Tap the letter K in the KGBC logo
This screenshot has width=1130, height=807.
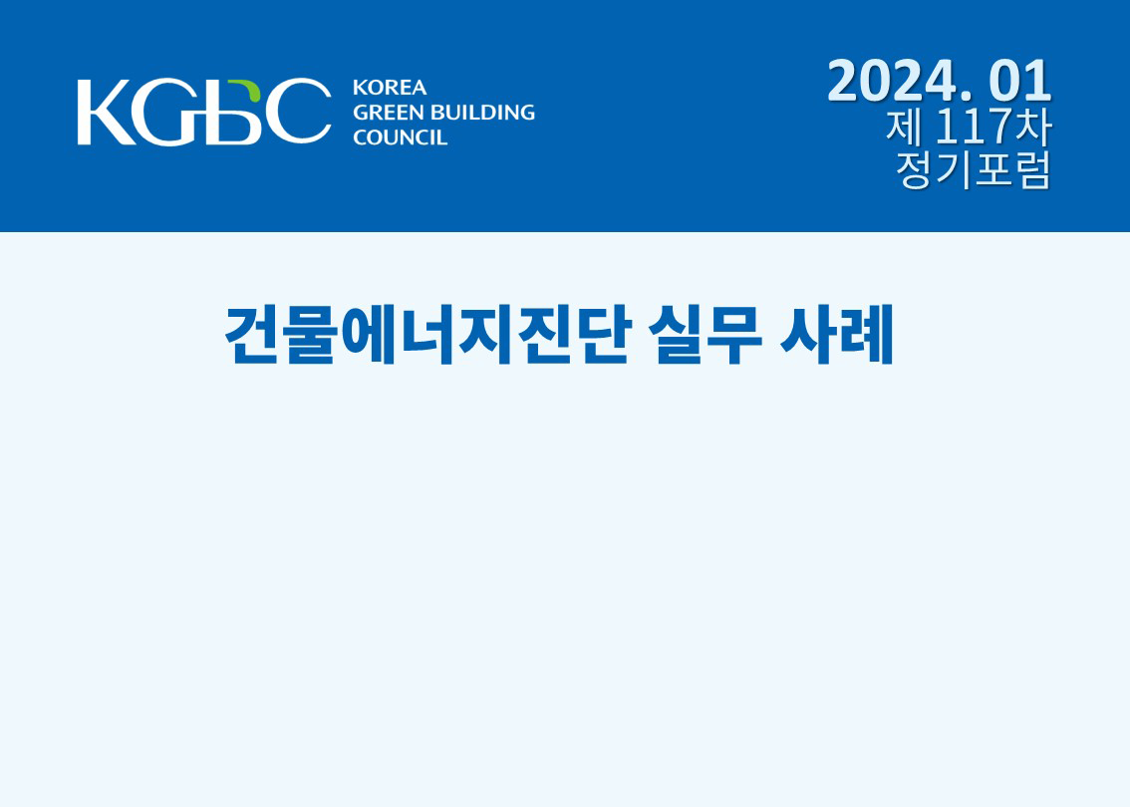[106, 112]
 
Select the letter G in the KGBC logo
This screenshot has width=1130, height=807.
[162, 112]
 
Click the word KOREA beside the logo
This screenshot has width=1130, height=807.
[390, 88]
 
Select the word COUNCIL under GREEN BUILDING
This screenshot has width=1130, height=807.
[400, 137]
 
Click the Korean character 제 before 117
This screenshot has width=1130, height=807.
[904, 127]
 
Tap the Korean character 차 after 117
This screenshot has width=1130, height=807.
[1032, 127]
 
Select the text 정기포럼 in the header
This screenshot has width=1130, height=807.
[974, 170]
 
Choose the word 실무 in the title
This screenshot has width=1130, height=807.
[706, 335]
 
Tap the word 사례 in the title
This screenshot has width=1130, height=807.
[837, 335]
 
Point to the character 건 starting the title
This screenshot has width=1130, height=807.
[252, 335]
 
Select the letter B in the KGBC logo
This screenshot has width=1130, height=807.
[229, 112]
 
